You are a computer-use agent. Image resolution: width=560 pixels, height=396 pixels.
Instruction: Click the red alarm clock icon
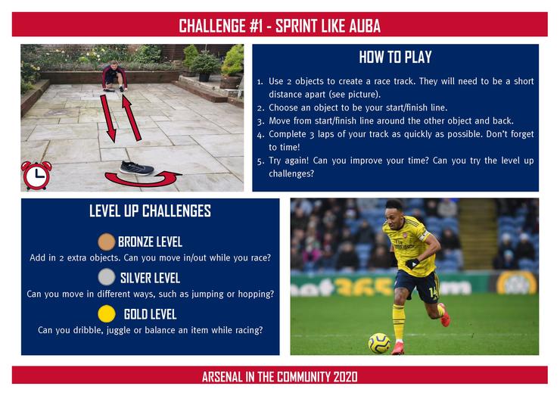tap(36, 175)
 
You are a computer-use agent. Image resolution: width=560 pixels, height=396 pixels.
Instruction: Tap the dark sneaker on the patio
tap(137, 168)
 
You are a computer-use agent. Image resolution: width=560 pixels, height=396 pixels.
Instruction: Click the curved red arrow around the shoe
tap(143, 179)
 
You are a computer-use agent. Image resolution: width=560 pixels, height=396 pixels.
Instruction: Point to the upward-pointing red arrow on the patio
tap(132, 117)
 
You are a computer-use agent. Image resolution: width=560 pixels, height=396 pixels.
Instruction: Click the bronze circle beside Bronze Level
tap(107, 242)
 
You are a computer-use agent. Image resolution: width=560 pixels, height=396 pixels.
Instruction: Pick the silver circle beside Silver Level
tap(107, 277)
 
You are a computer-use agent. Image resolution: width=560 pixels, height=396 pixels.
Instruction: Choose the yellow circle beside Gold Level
tap(107, 313)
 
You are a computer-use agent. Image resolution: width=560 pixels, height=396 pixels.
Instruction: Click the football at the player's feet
tap(379, 343)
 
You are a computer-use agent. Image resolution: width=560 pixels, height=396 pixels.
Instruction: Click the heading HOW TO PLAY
tap(395, 58)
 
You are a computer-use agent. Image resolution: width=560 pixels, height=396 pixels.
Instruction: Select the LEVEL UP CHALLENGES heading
tap(150, 210)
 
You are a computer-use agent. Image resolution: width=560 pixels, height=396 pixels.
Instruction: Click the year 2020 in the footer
tap(345, 377)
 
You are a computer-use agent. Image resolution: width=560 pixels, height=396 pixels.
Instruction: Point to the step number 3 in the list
tap(260, 122)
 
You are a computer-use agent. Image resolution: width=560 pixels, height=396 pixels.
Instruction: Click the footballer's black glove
tap(412, 264)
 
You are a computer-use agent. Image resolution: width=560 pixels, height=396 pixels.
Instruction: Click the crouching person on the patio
tap(114, 76)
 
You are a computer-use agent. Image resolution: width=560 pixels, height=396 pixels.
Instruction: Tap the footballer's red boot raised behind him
tap(445, 314)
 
